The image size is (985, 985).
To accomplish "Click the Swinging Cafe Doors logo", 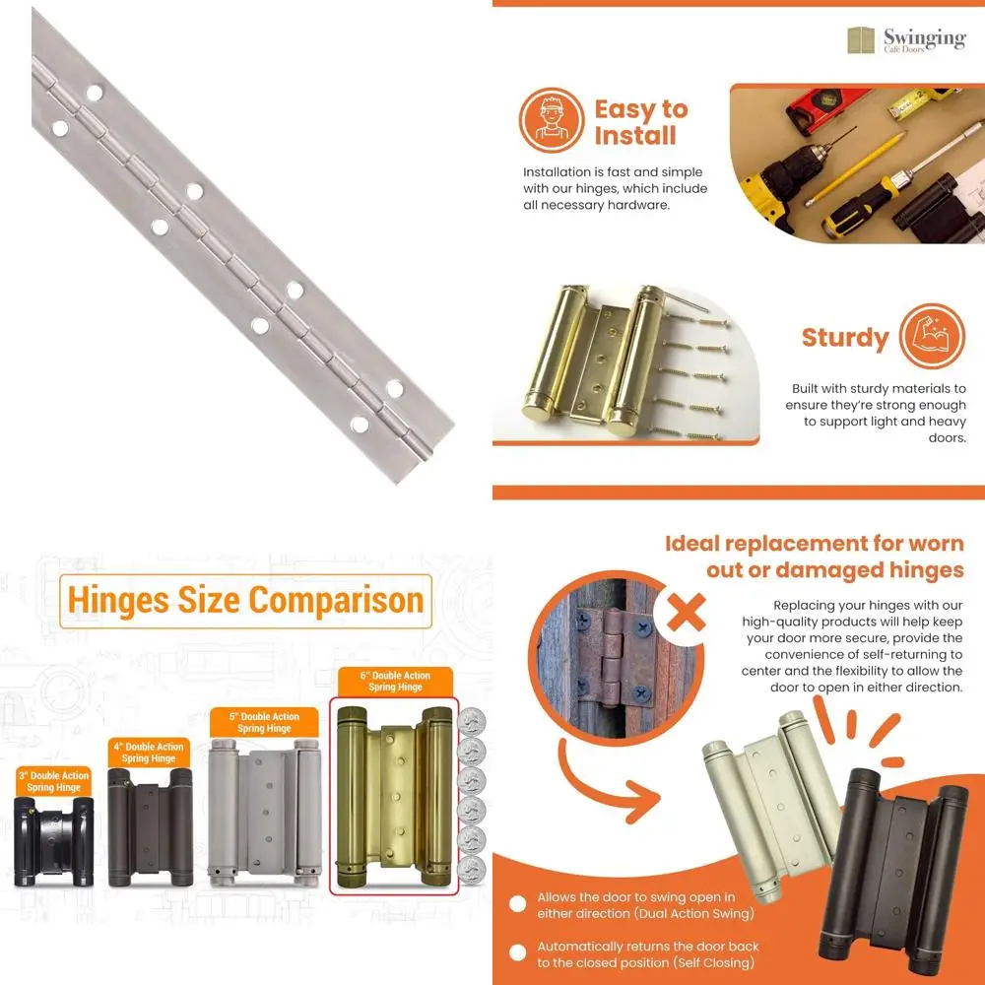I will point(906,40).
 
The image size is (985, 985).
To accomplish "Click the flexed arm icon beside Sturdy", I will point(932,336).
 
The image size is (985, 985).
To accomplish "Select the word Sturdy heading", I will point(844,338).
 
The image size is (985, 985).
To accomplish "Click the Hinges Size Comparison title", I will point(246,601).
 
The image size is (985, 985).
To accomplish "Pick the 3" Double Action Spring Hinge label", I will point(54,782).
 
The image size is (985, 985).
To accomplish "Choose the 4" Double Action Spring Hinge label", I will point(149,754).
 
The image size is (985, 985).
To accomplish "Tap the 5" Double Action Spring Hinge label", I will point(264,723).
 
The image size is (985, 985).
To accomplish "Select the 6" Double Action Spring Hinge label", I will point(396,681).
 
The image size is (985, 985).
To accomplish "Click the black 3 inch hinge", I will point(54,840).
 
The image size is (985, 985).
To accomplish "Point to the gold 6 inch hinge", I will point(392,796).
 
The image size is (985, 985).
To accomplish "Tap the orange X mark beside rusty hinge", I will point(687,614).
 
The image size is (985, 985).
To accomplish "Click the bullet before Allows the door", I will point(516,904).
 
